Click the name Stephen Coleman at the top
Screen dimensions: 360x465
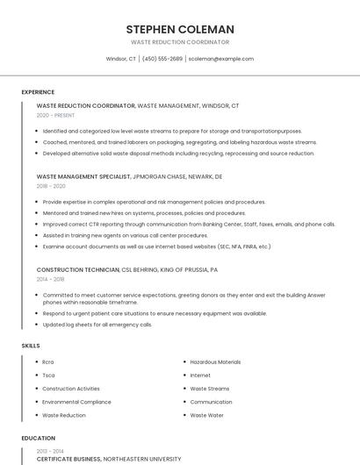pyautogui.click(x=180, y=29)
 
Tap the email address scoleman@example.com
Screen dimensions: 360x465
pyautogui.click(x=220, y=59)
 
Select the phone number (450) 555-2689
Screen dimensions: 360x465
pyautogui.click(x=162, y=59)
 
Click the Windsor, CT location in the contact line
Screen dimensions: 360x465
pyautogui.click(x=121, y=59)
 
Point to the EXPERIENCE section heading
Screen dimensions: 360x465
pyautogui.click(x=38, y=92)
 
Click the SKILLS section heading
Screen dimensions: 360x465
pyautogui.click(x=31, y=346)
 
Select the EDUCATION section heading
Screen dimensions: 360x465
pyautogui.click(x=39, y=438)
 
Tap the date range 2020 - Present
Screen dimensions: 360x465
pyautogui.click(x=55, y=115)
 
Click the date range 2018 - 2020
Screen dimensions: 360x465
pyautogui.click(x=51, y=186)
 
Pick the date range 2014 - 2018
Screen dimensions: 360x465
pyautogui.click(x=51, y=279)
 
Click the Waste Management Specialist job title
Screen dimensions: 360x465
pyautogui.click(x=83, y=176)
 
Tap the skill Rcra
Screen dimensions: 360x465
pyautogui.click(x=48, y=361)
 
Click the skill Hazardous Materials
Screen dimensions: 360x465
pyautogui.click(x=215, y=361)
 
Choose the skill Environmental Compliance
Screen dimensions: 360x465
pyautogui.click(x=76, y=402)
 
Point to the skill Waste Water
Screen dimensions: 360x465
pyautogui.click(x=206, y=415)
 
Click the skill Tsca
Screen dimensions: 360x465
pyautogui.click(x=48, y=376)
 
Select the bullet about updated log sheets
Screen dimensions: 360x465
pyautogui.click(x=97, y=325)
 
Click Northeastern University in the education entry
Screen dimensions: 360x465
pyautogui.click(x=142, y=459)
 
